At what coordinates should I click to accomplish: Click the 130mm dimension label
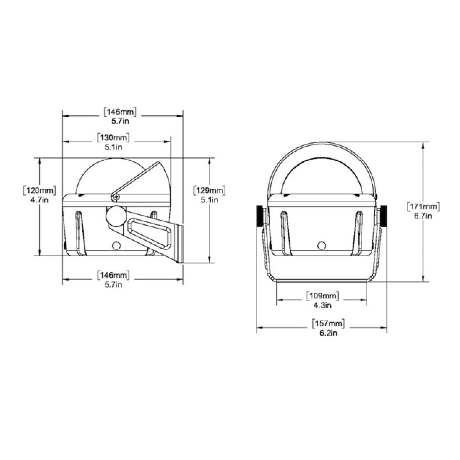pos(113,138)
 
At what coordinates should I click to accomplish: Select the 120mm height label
pos(40,190)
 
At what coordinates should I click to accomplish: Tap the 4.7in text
pos(40,200)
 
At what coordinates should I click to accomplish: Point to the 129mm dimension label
pos(209,190)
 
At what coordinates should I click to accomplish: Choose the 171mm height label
pos(423,207)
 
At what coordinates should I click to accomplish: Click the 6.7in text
pos(423,216)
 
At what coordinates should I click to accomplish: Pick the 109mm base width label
pos(322,296)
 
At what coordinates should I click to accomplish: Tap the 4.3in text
pos(322,305)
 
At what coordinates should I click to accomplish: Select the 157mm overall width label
pos(328,323)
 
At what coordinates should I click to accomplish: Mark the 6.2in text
pos(328,333)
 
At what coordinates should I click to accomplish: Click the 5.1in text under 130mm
pos(113,147)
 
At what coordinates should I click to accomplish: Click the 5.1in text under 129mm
pos(209,200)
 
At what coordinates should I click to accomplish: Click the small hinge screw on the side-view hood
pos(115,197)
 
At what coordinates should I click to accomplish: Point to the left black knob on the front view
pos(259,216)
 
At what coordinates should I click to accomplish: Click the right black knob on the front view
pos(383,216)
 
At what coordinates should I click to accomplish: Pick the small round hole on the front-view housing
pos(322,245)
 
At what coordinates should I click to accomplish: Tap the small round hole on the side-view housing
pos(116,245)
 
